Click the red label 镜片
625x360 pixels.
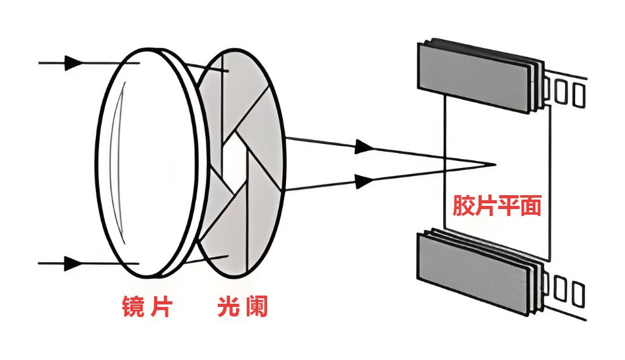[146, 307]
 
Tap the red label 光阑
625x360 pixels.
[242, 307]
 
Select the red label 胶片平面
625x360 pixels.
[496, 206]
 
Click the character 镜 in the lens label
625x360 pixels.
[132, 307]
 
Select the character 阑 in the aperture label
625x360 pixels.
[256, 307]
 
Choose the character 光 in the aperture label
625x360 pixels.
[227, 307]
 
